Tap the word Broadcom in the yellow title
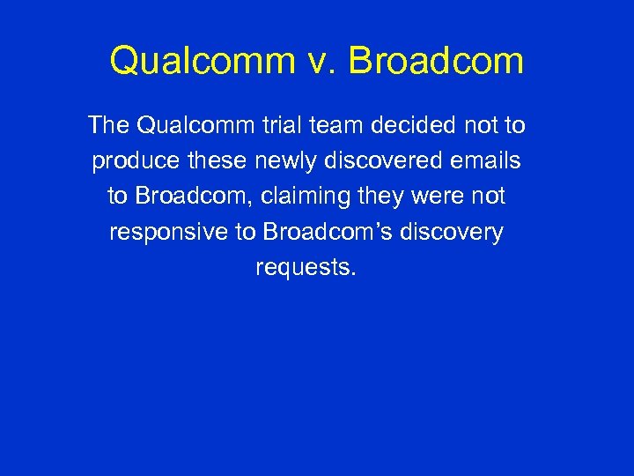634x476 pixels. coord(436,62)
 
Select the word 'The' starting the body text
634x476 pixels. coord(108,126)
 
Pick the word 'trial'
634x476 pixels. coord(280,126)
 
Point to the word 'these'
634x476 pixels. coord(204,161)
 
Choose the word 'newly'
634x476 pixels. coord(272,162)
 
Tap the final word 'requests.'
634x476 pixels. coord(306,268)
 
